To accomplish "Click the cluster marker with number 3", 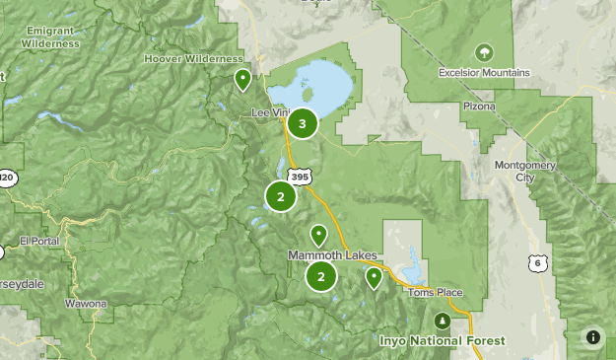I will click(302, 124).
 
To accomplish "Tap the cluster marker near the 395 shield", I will click(281, 196).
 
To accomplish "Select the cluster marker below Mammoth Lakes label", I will click(321, 277).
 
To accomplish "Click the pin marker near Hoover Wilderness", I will click(241, 80).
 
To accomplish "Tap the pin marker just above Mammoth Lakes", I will click(318, 236).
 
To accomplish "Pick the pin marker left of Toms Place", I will click(374, 278).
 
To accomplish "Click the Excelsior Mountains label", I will click(484, 73).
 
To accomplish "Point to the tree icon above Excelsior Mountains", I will click(483, 52).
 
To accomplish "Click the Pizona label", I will click(477, 103).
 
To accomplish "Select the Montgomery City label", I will click(538, 172).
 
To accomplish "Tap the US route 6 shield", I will click(537, 262).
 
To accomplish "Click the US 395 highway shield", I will click(300, 174).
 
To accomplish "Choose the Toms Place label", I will click(435, 293).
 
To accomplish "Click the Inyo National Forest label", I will click(443, 341).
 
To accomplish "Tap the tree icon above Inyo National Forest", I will click(443, 322).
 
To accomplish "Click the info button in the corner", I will click(592, 336).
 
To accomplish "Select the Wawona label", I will click(86, 304).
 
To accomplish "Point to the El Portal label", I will click(40, 241).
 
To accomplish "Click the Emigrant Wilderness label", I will click(50, 37).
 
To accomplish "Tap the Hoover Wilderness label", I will click(193, 59).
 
